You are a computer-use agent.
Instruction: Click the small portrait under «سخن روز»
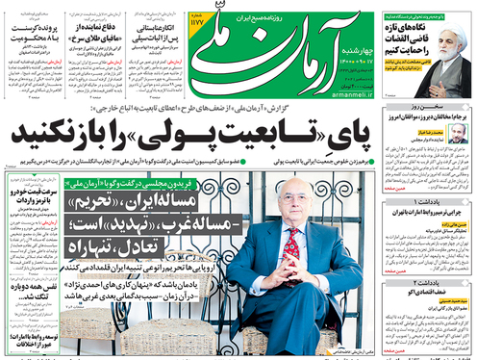pyautogui.click(x=456, y=134)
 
